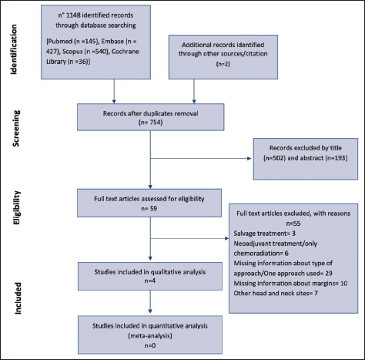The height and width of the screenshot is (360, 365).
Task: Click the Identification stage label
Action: click(14, 49)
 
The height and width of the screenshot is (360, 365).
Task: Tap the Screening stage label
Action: click(16, 129)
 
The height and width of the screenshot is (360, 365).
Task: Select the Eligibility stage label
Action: click(16, 208)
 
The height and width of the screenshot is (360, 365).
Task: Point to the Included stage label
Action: click(18, 298)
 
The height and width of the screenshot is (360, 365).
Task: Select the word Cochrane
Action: click(126, 52)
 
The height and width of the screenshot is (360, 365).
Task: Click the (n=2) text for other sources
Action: click(223, 64)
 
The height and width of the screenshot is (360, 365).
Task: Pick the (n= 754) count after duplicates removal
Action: click(150, 123)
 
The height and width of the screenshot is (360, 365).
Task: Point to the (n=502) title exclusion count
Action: click(274, 158)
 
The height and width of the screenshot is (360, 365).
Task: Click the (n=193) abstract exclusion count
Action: click(337, 158)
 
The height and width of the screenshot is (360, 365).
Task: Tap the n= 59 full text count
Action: click(149, 208)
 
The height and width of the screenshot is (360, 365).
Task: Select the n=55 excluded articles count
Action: click(293, 224)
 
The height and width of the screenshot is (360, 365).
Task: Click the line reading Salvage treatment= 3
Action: click(265, 234)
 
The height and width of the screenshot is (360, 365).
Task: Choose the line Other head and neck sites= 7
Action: click(276, 293)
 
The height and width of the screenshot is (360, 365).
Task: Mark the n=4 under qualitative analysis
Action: click(150, 281)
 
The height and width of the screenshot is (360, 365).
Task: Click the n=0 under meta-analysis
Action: click(150, 345)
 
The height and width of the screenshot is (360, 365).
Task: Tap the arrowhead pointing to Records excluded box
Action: click(249, 159)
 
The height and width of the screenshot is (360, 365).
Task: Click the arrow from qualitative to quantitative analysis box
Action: click(150, 301)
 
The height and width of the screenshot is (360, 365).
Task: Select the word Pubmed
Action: click(59, 42)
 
